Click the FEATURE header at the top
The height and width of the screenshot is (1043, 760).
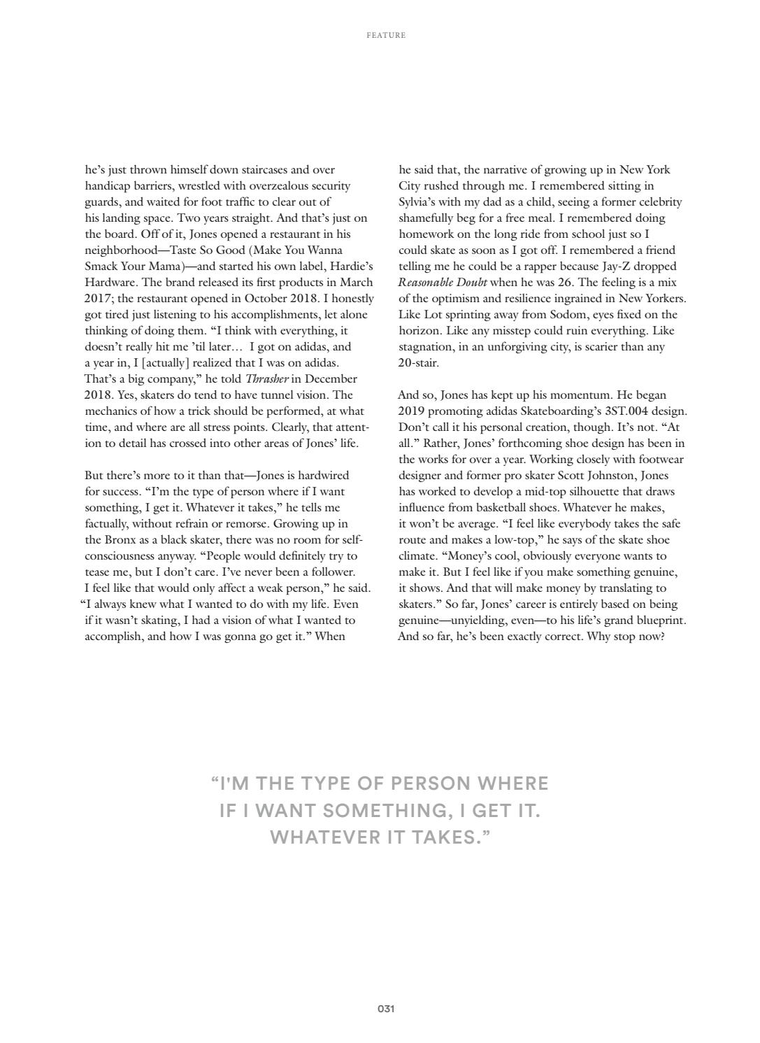[x=386, y=35]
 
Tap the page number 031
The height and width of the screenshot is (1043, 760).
[x=386, y=1009]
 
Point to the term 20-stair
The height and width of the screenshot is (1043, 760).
[x=419, y=363]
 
